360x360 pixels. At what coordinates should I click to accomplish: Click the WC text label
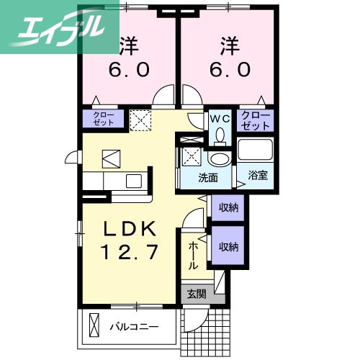point(219,115)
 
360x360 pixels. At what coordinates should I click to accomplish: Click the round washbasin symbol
point(220,158)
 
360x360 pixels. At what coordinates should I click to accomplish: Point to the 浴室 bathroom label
point(258,174)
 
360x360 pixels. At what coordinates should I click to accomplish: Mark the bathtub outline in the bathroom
point(255,150)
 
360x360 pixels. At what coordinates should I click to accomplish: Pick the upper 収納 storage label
point(228,207)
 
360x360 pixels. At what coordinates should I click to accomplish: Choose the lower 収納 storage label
point(228,246)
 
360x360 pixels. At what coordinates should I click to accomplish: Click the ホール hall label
point(194,256)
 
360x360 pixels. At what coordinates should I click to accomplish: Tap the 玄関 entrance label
point(196,294)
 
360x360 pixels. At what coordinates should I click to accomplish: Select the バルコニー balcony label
point(134,327)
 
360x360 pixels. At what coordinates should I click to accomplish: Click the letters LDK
point(130,228)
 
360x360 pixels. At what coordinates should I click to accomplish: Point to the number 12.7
point(130,253)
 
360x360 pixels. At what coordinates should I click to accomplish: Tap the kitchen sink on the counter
point(134,179)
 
